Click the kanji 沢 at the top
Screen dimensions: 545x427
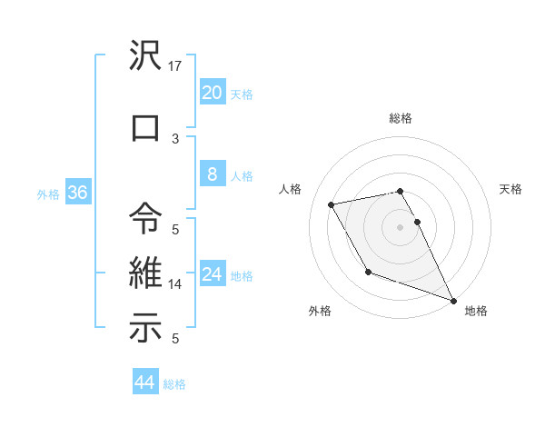coord(146,55)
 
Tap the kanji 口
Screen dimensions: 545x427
coord(146,127)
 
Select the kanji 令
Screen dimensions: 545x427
coord(146,219)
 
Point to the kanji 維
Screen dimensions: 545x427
coord(146,273)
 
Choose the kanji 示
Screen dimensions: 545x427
coord(146,328)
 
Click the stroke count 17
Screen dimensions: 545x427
coord(176,66)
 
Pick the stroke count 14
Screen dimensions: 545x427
coord(176,284)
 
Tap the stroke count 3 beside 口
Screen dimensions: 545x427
coord(175,138)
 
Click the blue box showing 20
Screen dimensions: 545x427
coord(212,93)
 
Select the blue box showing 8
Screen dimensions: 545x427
coord(212,174)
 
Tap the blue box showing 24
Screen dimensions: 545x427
coord(212,274)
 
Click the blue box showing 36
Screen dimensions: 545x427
coord(77,193)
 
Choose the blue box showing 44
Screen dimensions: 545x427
coord(144,382)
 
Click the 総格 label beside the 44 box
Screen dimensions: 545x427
coord(174,384)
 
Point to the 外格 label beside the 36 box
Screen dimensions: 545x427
coord(47,194)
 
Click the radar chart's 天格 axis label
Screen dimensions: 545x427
coord(510,189)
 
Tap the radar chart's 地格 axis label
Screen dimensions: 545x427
coord(475,311)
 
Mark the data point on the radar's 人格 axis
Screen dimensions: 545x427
coord(332,204)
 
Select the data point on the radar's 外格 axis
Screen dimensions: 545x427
coord(367,272)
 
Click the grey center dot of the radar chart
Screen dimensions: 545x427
coord(401,226)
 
